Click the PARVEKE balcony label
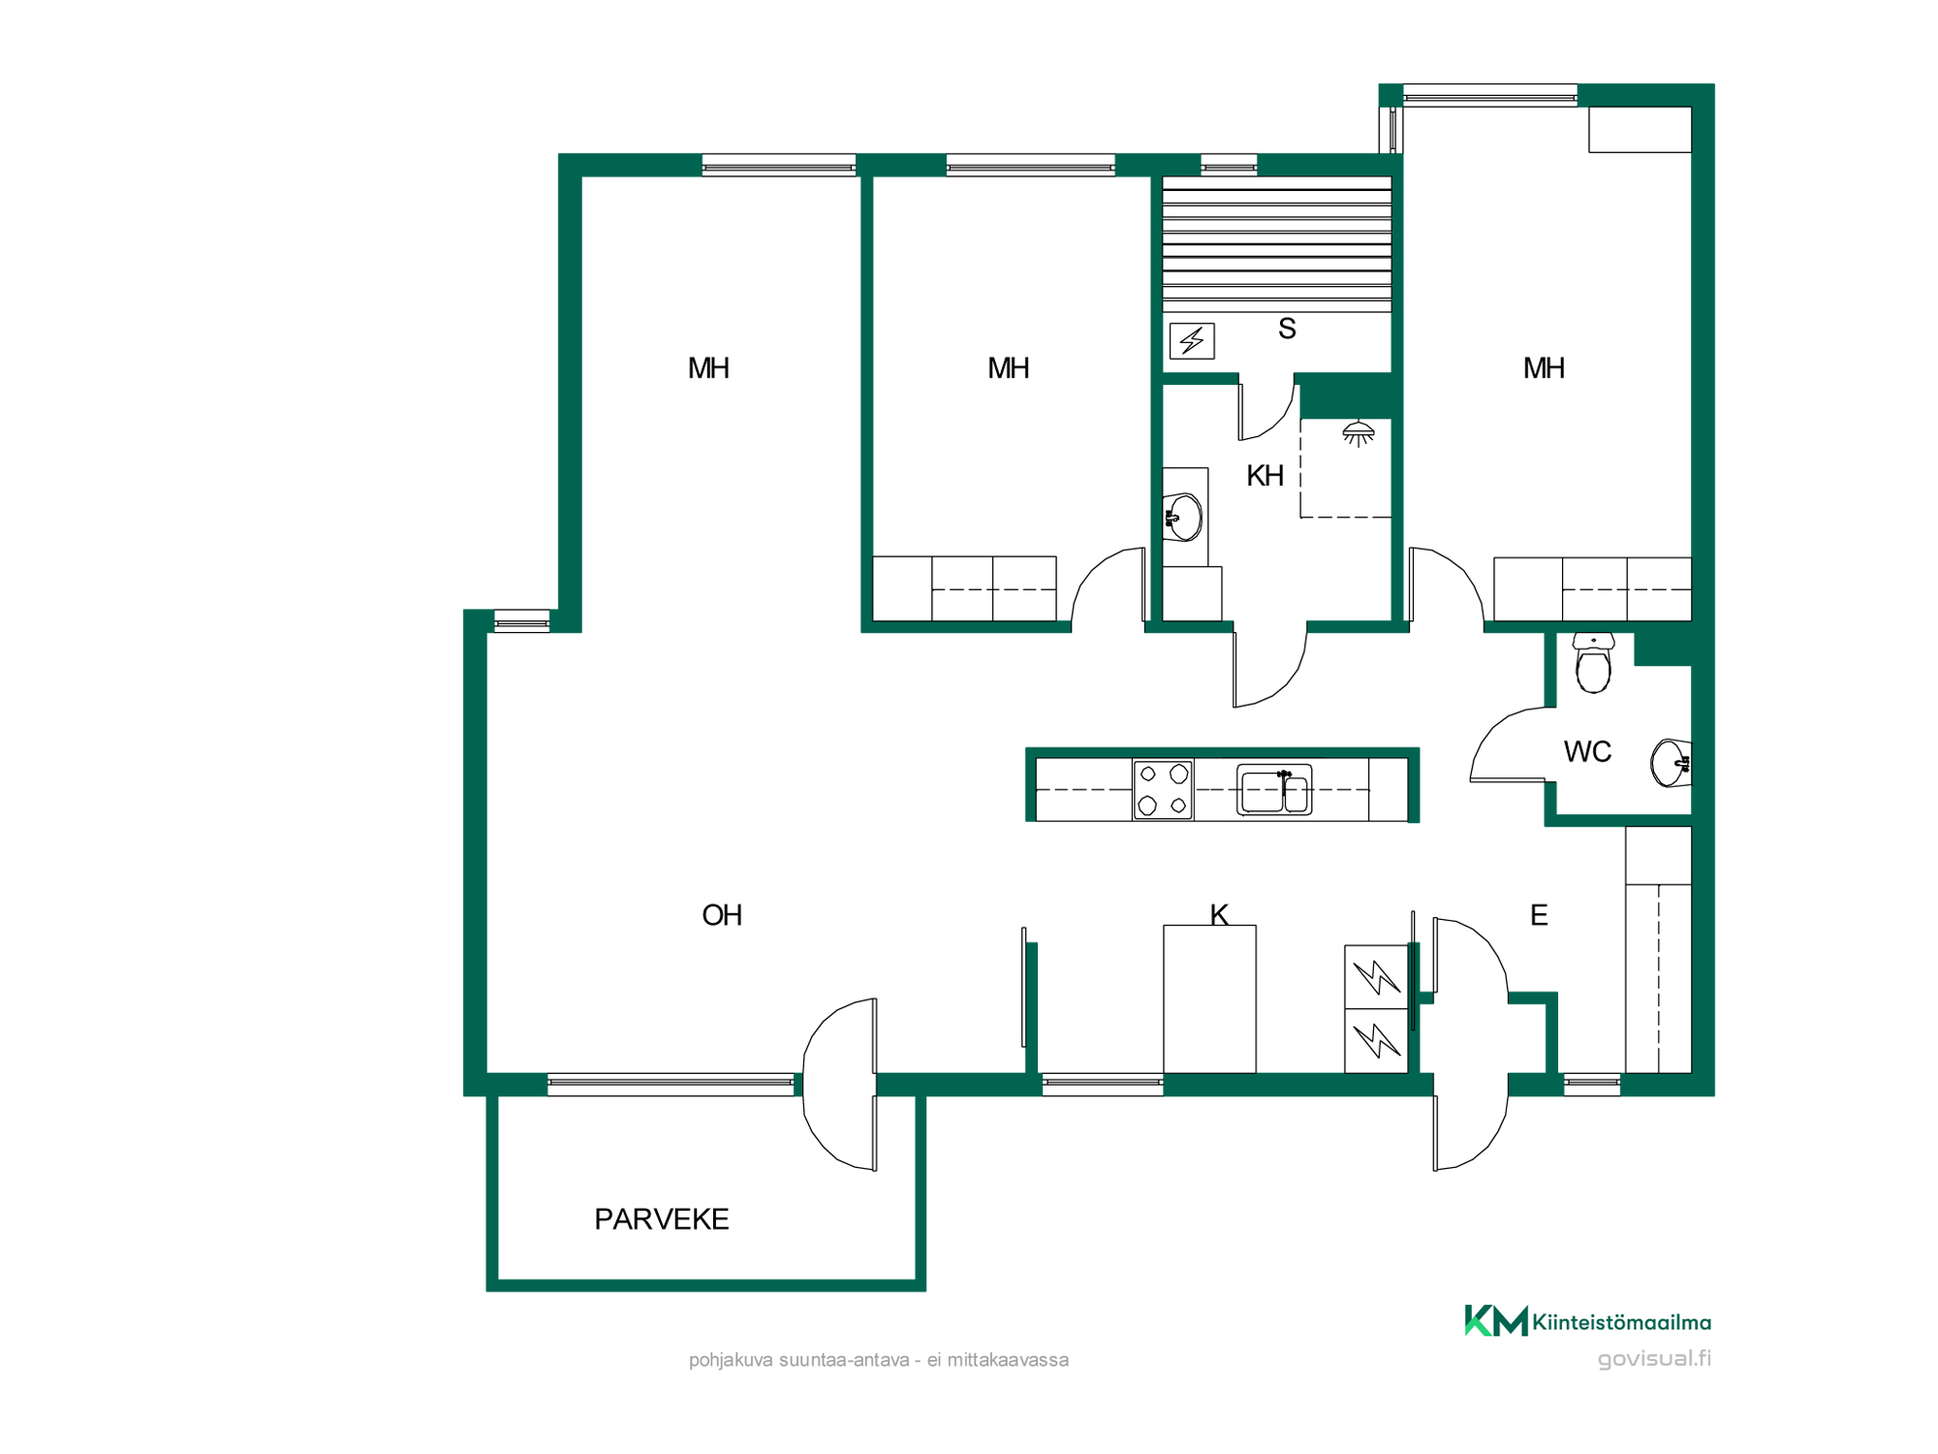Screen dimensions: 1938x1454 (x=661, y=1219)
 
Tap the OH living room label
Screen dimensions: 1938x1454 (x=722, y=915)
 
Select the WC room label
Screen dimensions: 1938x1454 (x=1587, y=751)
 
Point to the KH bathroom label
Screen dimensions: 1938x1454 (x=1265, y=476)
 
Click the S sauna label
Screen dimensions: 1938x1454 (x=1287, y=329)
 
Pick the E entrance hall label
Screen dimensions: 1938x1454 (x=1539, y=915)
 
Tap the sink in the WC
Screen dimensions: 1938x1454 (x=1672, y=763)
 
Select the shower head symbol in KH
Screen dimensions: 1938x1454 (x=1359, y=433)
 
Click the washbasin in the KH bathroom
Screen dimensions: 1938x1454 (x=1183, y=518)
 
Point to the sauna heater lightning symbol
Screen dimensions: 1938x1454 (x=1192, y=341)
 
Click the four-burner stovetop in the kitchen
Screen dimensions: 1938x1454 (x=1163, y=790)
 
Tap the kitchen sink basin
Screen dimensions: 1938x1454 (x=1274, y=790)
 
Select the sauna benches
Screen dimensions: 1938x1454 (x=1277, y=244)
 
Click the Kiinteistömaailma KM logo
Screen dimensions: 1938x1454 (x=1588, y=1321)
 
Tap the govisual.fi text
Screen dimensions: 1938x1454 (x=1654, y=1359)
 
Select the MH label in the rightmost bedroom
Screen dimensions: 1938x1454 (x=1544, y=368)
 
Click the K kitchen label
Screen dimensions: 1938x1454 (x=1219, y=914)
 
